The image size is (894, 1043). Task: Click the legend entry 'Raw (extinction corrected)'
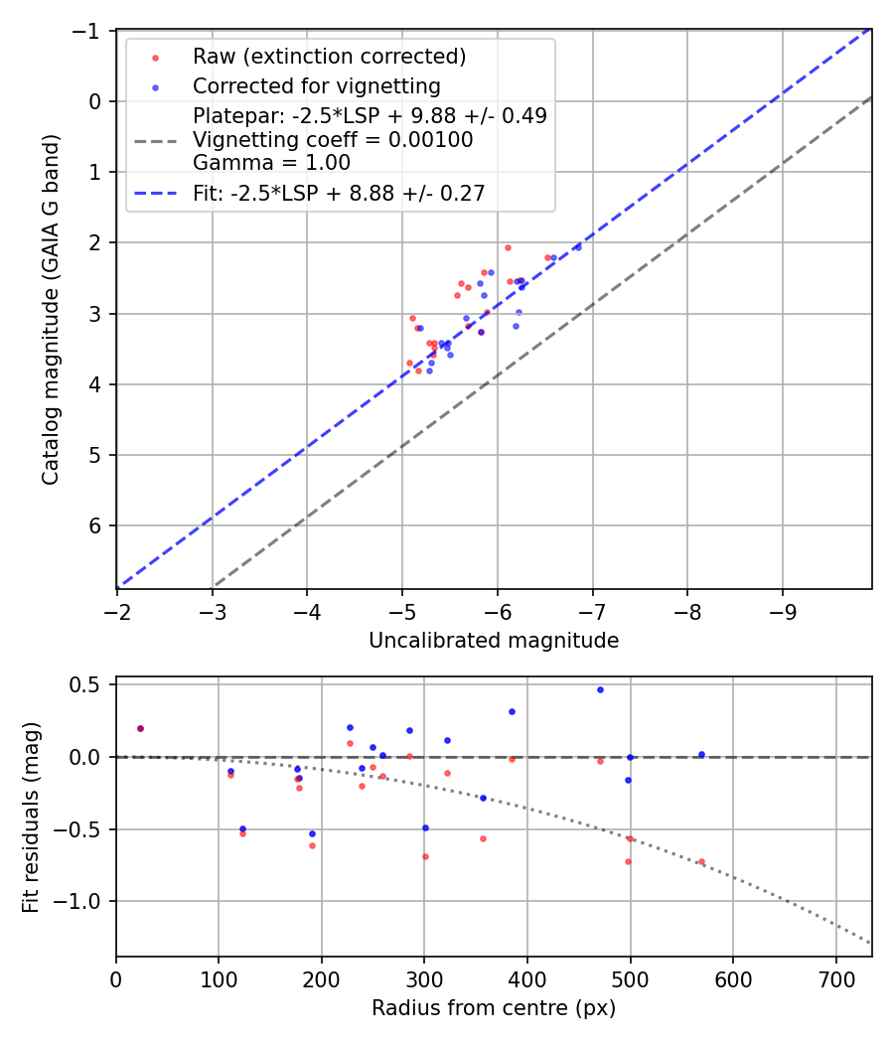coord(329,57)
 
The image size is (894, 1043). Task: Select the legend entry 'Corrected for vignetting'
coord(316,85)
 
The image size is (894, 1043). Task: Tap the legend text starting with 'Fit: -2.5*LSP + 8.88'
coord(339,194)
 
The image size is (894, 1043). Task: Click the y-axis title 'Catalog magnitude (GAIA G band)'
coord(49,309)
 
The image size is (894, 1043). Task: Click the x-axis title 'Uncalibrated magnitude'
coord(494,641)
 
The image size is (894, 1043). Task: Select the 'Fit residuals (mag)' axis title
coord(31,816)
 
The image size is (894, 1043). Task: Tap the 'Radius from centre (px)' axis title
coord(494,1008)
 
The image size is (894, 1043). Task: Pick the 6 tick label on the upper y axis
coord(97,525)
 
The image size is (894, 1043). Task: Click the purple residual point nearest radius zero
coord(140,728)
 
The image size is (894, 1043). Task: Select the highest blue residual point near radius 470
coord(600,689)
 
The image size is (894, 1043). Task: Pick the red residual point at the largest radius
coord(701,862)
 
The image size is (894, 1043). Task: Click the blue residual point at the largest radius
coord(701,755)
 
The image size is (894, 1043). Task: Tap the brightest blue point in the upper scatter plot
coord(578,246)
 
